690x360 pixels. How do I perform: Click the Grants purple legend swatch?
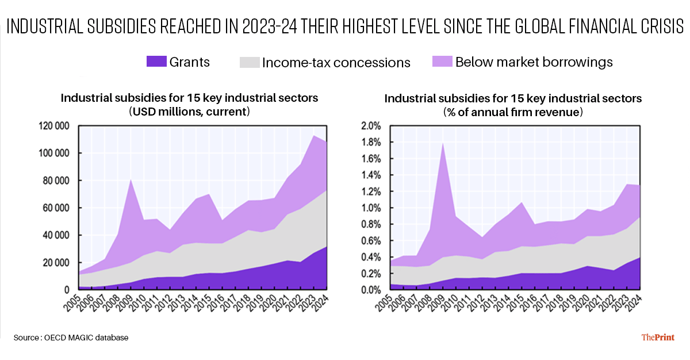pyautogui.click(x=156, y=61)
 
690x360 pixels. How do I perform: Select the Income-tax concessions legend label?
pyautogui.click(x=336, y=63)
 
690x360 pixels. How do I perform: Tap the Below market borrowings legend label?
pyautogui.click(x=534, y=62)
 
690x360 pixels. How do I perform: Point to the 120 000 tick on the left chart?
pyautogui.click(x=54, y=125)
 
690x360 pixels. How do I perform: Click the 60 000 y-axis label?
pyautogui.click(x=56, y=208)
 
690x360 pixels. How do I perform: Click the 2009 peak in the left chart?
pyautogui.click(x=131, y=179)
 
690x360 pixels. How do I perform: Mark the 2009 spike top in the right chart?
pyautogui.click(x=443, y=143)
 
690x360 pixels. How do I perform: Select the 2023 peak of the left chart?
pyautogui.click(x=314, y=136)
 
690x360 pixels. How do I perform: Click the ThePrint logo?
pyautogui.click(x=658, y=337)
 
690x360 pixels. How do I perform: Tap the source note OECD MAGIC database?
pyautogui.click(x=86, y=338)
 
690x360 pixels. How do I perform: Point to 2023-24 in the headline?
pyautogui.click(x=270, y=26)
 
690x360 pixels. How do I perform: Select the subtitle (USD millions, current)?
pyautogui.click(x=189, y=112)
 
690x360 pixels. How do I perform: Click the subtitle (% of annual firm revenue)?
pyautogui.click(x=513, y=112)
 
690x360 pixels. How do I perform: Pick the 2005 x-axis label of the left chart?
pyautogui.click(x=72, y=303)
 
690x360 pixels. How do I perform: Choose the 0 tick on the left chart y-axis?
pyautogui.click(x=67, y=290)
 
